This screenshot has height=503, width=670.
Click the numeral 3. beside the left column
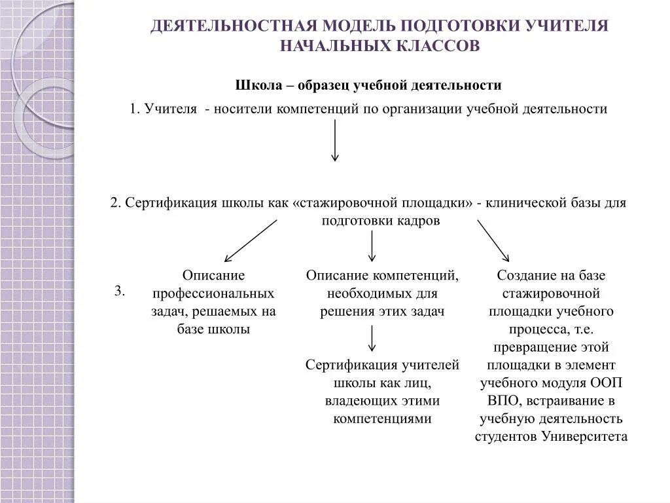click(120, 291)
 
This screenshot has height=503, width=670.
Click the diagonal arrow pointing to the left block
click(251, 240)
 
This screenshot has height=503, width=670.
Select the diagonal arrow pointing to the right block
click(493, 240)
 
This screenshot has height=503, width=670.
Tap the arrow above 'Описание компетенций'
click(372, 246)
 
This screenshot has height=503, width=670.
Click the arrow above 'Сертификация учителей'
click(372, 338)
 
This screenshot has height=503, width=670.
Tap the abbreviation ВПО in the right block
click(501, 400)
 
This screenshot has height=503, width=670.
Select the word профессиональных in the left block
click(213, 293)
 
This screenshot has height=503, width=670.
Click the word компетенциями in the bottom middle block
click(382, 419)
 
